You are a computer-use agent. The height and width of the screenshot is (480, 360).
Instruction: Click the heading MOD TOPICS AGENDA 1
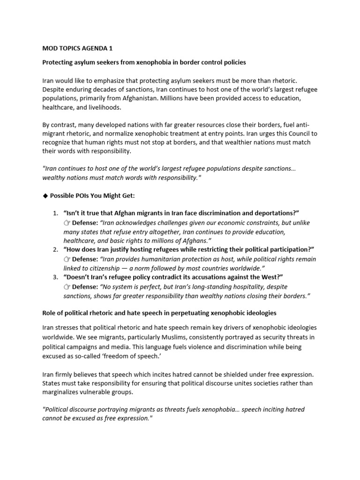pos(77,49)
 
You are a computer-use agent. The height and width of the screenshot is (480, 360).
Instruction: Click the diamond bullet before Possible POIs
pos(45,195)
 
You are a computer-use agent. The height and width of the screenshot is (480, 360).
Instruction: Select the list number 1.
pos(54,213)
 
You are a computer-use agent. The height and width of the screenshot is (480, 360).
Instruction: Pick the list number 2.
pos(54,249)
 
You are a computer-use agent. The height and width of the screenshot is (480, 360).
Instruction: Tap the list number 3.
pos(54,277)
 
